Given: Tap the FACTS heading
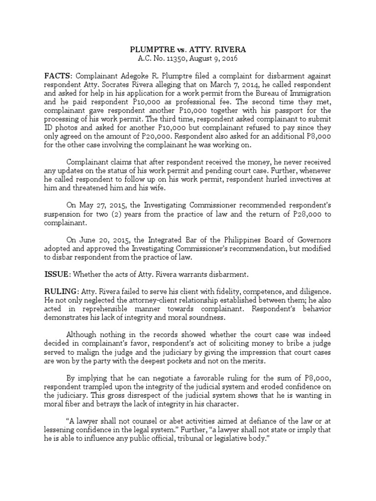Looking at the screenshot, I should [58, 76].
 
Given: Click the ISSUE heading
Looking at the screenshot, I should [57, 274].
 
